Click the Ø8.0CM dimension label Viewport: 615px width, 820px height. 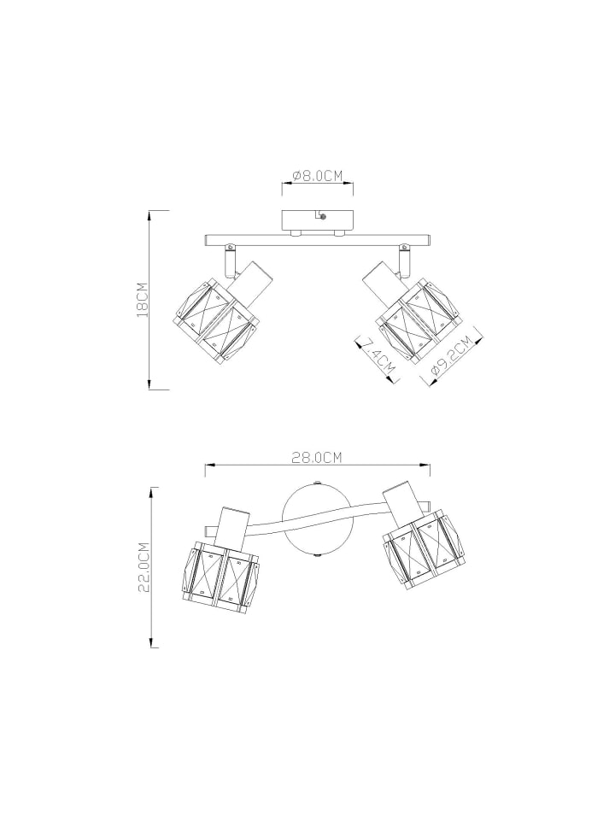(317, 176)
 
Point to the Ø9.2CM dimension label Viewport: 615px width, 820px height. (450, 360)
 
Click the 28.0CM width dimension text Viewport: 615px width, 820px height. (317, 458)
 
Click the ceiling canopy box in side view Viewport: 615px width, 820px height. (317, 219)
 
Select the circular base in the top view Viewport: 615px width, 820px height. (316, 520)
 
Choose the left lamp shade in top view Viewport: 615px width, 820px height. (221, 571)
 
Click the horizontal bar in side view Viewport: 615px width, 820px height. (317, 239)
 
